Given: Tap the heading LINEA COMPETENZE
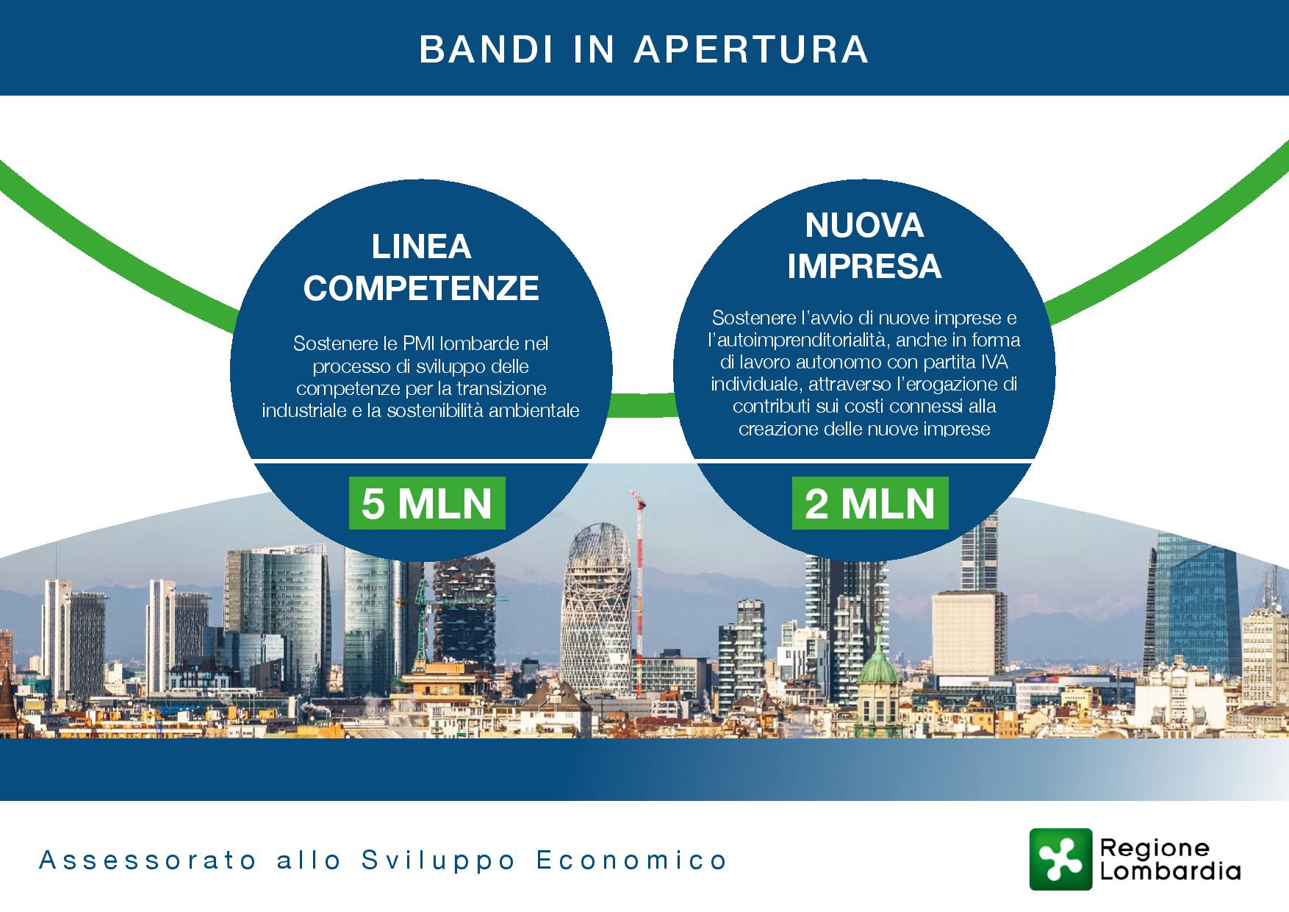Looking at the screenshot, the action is click(421, 267).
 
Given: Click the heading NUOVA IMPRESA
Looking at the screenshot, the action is click(864, 246).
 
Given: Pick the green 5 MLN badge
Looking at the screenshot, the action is click(427, 503).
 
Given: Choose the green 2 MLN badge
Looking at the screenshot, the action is click(870, 503).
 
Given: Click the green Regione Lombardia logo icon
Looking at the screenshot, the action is click(1060, 859).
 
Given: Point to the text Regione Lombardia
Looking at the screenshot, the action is click(1170, 859).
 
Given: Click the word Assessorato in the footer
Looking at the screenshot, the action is click(148, 860).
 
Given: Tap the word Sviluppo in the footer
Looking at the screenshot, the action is click(440, 861).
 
